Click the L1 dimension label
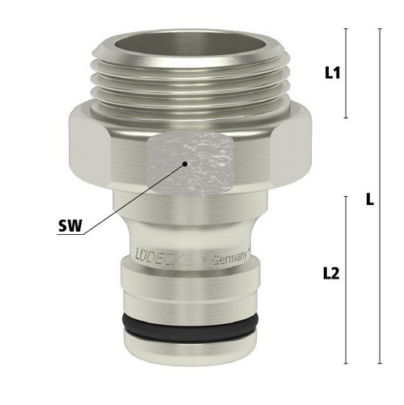click(x=333, y=73)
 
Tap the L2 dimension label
click(x=331, y=275)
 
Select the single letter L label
click(x=370, y=200)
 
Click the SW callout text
click(x=70, y=226)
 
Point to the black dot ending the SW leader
click(x=185, y=164)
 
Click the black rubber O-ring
click(x=190, y=327)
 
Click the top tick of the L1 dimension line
click(x=347, y=28)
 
